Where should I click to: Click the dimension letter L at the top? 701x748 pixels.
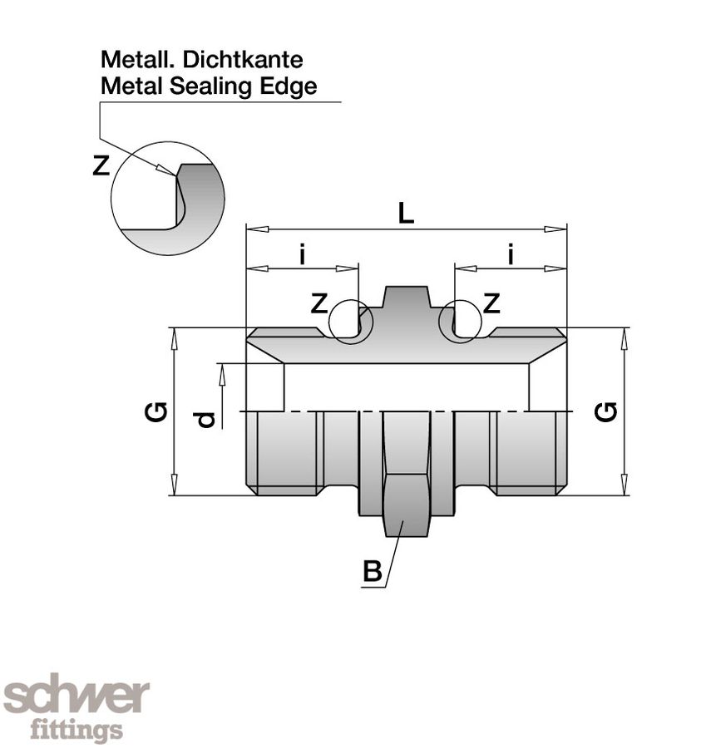(405, 214)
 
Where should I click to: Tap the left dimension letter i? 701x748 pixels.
(303, 255)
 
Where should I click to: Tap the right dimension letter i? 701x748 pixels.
(510, 255)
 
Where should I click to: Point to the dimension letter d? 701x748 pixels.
(206, 419)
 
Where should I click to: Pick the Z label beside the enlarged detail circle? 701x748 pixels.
(101, 166)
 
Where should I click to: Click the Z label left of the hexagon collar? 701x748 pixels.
(318, 304)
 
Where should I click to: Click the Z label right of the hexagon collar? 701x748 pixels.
(491, 304)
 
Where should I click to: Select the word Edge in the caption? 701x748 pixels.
(292, 86)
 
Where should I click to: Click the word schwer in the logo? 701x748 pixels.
(77, 696)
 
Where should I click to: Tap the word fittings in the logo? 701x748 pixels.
(77, 731)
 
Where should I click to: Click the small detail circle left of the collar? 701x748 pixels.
(351, 321)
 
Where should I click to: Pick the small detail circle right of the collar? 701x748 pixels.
(461, 321)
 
